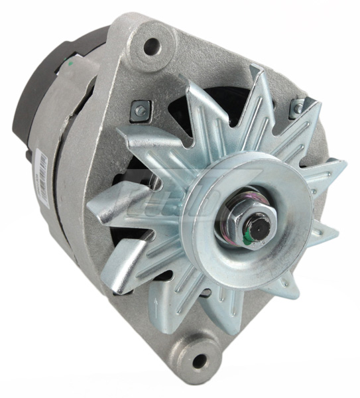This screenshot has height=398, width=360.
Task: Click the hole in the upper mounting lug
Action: tap(152, 46)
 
